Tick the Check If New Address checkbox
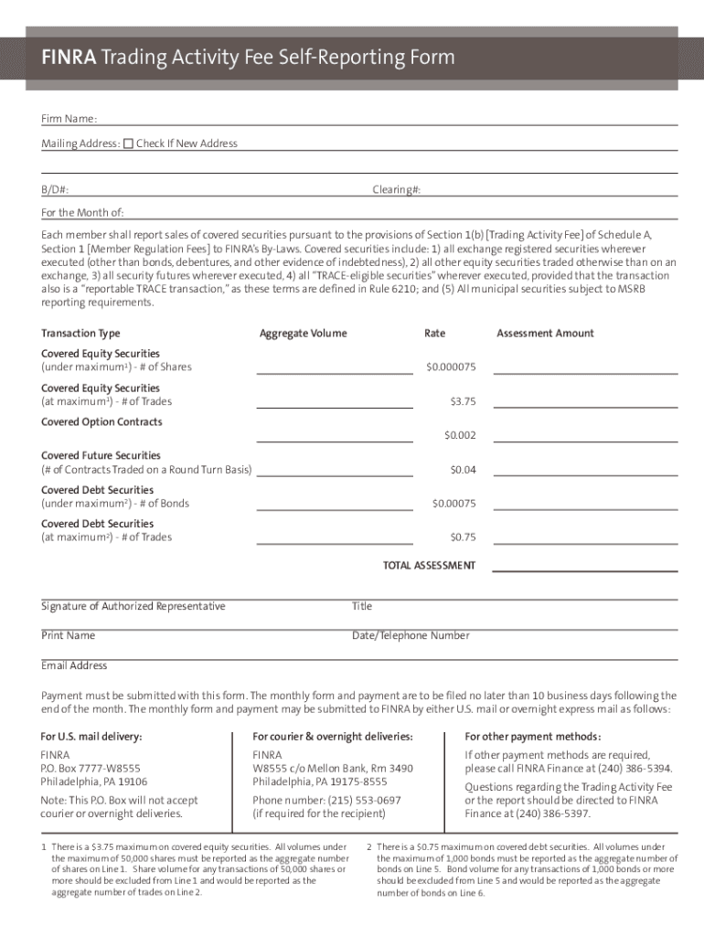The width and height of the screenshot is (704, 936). click(x=128, y=144)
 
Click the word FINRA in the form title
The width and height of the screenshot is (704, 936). click(x=63, y=58)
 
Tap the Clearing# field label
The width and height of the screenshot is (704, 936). click(x=396, y=190)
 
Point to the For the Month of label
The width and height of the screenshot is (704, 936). click(x=82, y=213)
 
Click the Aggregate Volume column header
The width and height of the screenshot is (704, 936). click(x=303, y=334)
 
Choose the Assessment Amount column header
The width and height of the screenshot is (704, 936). click(x=545, y=334)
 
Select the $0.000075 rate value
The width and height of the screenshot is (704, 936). click(x=451, y=367)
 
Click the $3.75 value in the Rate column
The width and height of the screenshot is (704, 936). click(x=463, y=401)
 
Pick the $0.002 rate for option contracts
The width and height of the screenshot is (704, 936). click(x=460, y=436)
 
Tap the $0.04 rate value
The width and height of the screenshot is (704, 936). click(x=463, y=470)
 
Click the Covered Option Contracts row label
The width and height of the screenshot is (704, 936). click(x=101, y=422)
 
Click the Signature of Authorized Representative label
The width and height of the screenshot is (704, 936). click(x=133, y=607)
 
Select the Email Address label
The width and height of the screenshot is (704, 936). click(x=74, y=665)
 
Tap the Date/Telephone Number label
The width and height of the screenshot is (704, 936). click(x=411, y=636)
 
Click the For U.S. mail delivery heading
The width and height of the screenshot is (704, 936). click(x=91, y=737)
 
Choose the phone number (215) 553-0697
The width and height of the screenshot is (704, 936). click(x=326, y=800)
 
